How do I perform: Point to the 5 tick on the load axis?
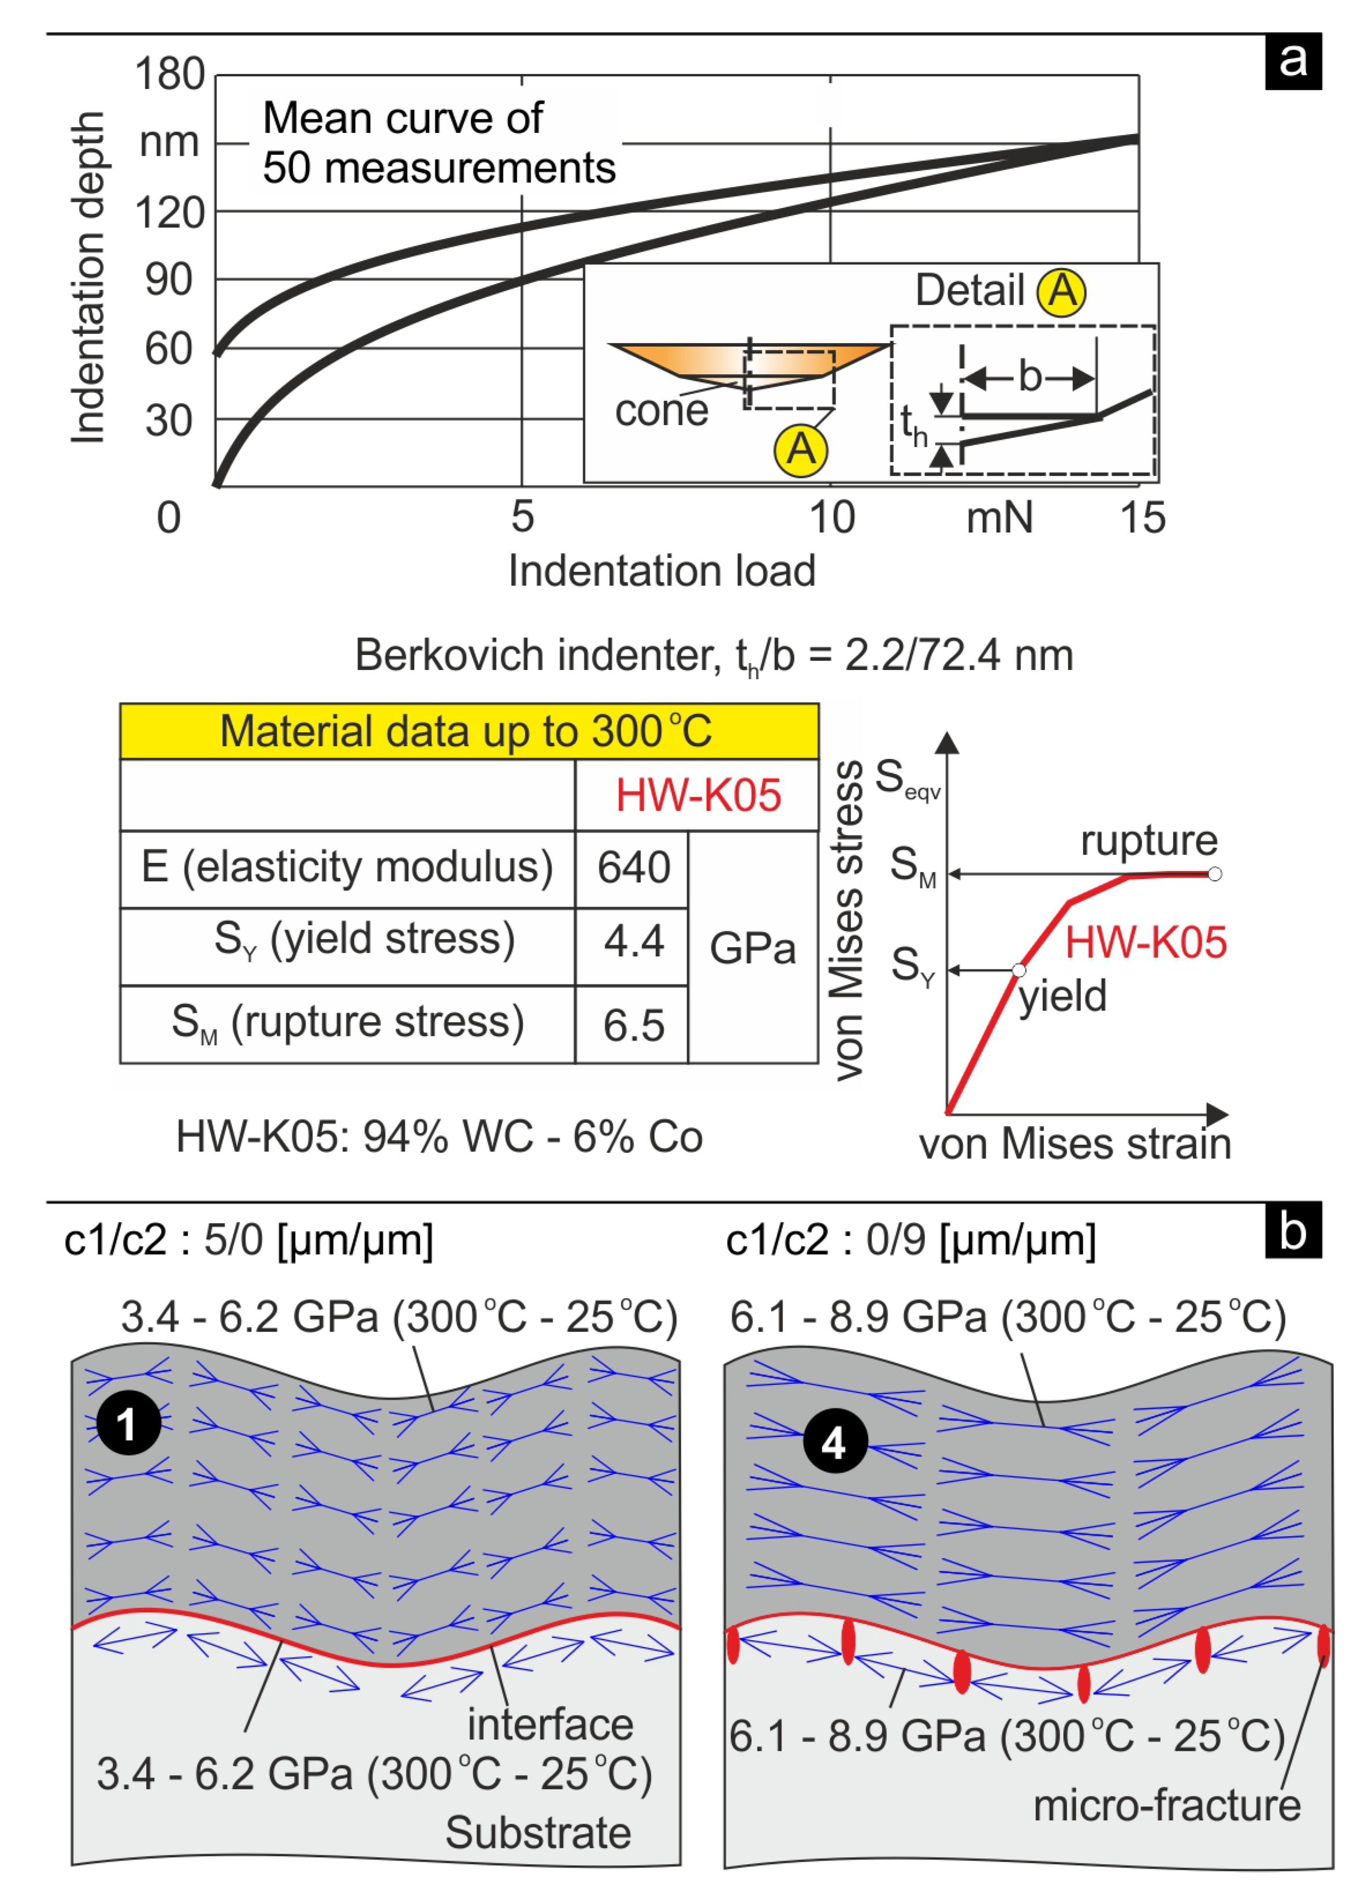522,516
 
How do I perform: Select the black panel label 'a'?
1292,61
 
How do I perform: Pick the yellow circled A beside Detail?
1061,292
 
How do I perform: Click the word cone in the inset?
661,411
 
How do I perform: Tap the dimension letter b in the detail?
1030,377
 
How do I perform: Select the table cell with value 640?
633,867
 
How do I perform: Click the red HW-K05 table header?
698,795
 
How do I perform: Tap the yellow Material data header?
468,731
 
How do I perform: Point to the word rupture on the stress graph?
1148,840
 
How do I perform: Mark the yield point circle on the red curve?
1018,970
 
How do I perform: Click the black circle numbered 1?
128,1422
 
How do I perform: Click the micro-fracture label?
1166,1806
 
